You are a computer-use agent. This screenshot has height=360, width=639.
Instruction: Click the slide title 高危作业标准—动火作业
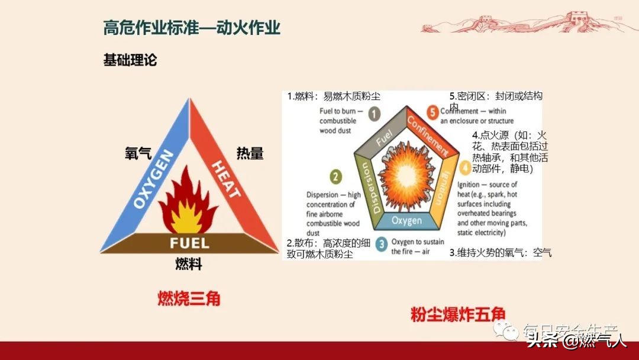click(x=192, y=27)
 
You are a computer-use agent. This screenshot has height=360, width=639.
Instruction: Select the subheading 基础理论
click(x=130, y=60)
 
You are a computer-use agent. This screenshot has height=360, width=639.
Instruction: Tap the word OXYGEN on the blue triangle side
click(x=154, y=179)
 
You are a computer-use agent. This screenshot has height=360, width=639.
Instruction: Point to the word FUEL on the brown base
click(x=189, y=243)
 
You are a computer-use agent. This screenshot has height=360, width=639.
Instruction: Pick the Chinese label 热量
click(x=250, y=153)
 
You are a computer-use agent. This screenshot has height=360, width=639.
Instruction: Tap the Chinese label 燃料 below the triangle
click(x=189, y=264)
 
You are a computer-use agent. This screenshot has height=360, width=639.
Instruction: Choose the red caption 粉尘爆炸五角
click(x=450, y=314)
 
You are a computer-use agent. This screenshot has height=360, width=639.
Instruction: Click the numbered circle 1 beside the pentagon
click(x=374, y=114)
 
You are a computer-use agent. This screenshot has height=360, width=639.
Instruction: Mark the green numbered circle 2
click(x=335, y=176)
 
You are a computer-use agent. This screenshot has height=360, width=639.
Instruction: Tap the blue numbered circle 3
click(x=382, y=243)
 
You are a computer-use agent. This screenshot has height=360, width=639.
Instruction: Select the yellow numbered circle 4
click(x=465, y=168)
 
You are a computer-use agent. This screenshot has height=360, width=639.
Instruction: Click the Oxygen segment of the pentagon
click(x=406, y=221)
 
